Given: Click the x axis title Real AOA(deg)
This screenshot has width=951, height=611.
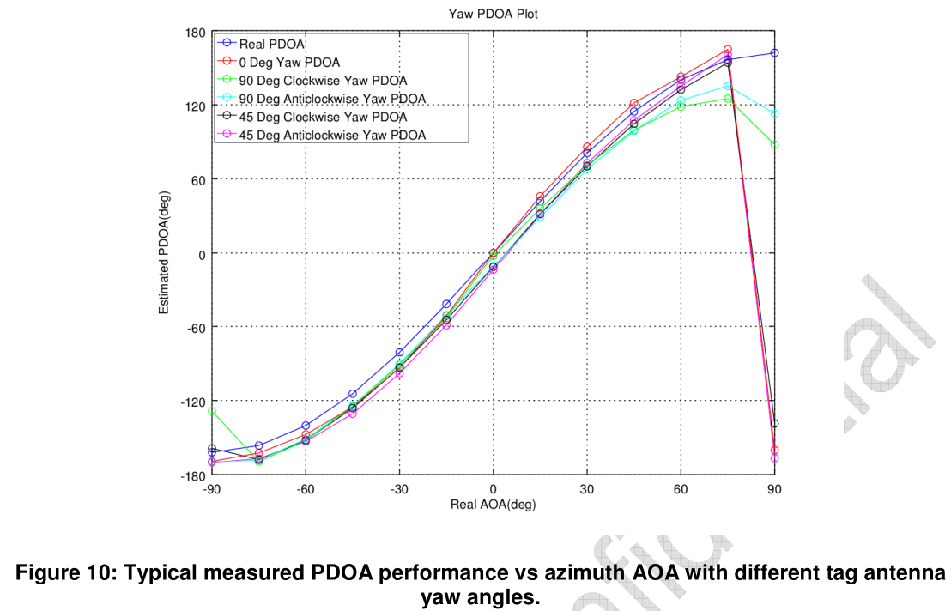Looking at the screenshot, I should (x=493, y=505).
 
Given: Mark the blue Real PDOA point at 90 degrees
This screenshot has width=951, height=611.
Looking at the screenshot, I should (x=774, y=53).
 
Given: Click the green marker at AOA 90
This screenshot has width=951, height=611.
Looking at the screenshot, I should (x=774, y=145).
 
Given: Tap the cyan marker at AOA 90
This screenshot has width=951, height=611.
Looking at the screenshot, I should (x=774, y=114).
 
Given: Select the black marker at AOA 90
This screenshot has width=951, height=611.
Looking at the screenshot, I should (x=774, y=424).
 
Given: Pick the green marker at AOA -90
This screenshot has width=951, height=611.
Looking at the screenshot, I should (x=212, y=411).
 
